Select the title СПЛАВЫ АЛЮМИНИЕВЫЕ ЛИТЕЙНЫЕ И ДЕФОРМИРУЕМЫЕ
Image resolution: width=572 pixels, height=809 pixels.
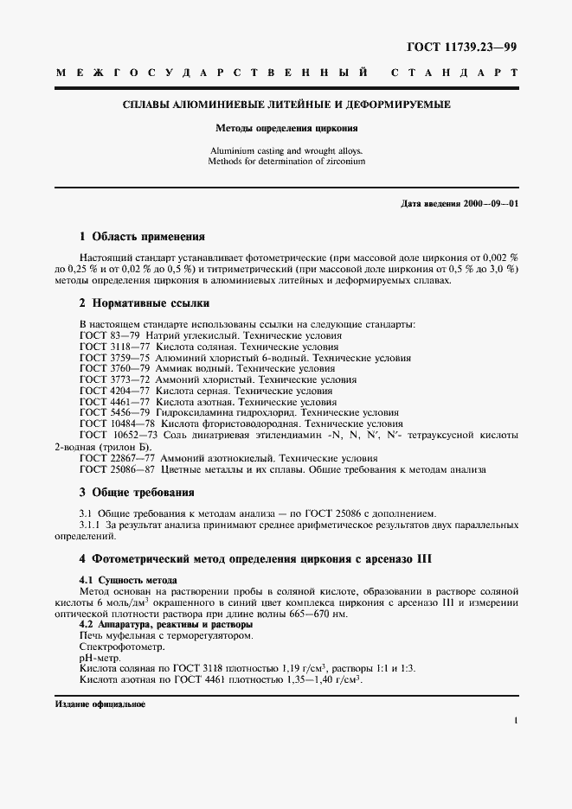pos(285,105)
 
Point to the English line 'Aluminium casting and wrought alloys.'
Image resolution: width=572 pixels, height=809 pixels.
pos(285,150)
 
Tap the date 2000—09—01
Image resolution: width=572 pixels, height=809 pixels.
pos(484,203)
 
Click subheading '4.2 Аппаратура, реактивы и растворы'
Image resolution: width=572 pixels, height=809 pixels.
pos(165,624)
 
